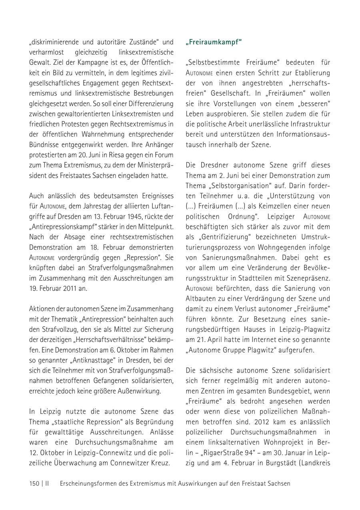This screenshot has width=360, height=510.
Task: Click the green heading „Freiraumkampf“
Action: coord(214,42)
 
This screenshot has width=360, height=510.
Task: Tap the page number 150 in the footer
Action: coord(34,483)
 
